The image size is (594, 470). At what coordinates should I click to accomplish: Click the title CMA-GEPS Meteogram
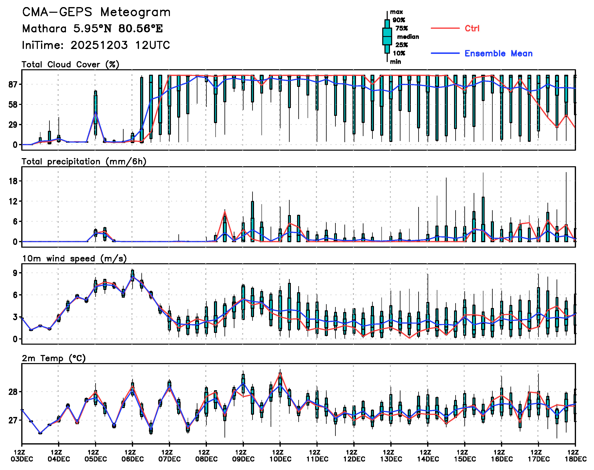click(x=96, y=12)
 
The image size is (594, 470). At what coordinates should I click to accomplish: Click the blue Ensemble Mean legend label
click(x=498, y=53)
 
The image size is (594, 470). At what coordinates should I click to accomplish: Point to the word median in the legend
click(x=408, y=37)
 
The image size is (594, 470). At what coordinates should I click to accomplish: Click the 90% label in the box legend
click(x=399, y=20)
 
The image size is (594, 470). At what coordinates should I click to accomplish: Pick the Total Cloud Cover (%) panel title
click(x=70, y=65)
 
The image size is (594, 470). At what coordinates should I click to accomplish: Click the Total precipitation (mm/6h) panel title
click(x=84, y=162)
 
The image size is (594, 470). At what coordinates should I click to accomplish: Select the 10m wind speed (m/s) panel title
click(x=74, y=259)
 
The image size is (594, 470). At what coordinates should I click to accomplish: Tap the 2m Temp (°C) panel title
click(x=54, y=358)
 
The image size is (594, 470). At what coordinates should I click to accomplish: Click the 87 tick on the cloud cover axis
click(x=13, y=84)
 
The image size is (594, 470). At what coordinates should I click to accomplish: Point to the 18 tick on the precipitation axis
click(x=13, y=181)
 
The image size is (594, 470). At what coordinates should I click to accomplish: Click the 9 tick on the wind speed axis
click(x=15, y=273)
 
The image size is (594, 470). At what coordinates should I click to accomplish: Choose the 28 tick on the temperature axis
click(x=13, y=392)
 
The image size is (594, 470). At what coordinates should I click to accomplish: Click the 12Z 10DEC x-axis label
click(x=280, y=456)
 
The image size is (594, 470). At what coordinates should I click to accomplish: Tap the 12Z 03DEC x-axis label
click(x=22, y=456)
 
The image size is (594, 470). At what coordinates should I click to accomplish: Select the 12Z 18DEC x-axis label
click(x=576, y=456)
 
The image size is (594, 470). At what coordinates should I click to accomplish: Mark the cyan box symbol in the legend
click(x=387, y=36)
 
